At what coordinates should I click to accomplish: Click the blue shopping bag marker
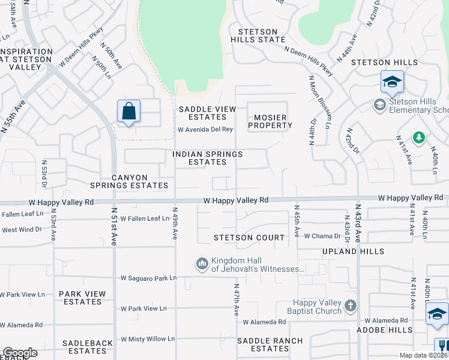click(x=128, y=112)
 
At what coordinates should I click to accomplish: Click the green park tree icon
click(x=418, y=138)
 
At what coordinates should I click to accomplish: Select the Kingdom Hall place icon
click(x=202, y=263)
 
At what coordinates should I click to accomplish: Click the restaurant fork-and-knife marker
click(x=441, y=346)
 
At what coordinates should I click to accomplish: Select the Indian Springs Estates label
click(x=207, y=158)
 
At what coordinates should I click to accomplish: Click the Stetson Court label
click(x=249, y=238)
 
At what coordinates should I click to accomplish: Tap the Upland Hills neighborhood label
click(x=348, y=251)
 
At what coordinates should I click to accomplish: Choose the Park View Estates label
click(x=83, y=298)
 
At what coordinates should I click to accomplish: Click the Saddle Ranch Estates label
click(x=270, y=344)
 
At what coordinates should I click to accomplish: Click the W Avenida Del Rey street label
click(x=205, y=130)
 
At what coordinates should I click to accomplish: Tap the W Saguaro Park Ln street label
click(x=148, y=278)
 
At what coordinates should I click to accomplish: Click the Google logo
click(x=20, y=353)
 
